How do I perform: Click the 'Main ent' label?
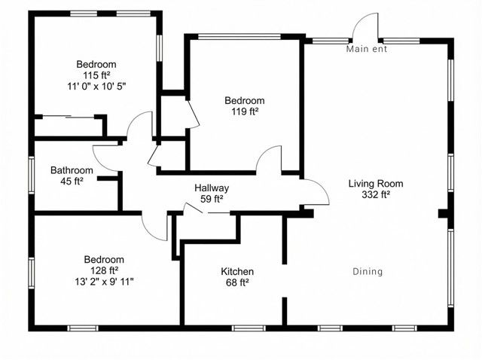click(x=366, y=50)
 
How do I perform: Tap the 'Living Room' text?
click(x=376, y=183)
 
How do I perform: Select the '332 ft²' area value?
click(x=376, y=194)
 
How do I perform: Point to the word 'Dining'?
click(x=368, y=271)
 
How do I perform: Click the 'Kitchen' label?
click(x=236, y=271)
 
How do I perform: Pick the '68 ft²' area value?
click(x=236, y=282)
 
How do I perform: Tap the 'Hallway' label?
click(x=212, y=188)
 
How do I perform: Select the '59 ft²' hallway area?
click(x=212, y=200)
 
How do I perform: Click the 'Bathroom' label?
click(x=72, y=170)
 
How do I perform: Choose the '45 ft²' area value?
click(x=72, y=182)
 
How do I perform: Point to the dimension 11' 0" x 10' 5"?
click(x=96, y=87)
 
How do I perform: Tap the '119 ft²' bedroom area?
click(x=245, y=111)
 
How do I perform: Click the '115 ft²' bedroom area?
click(x=96, y=75)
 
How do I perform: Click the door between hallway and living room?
click(x=316, y=193)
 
